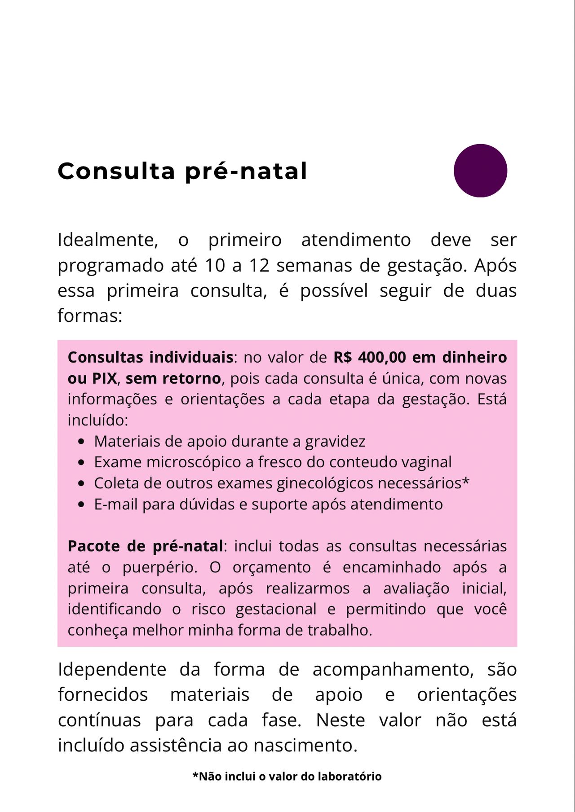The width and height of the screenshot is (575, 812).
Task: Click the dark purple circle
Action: [x=480, y=171]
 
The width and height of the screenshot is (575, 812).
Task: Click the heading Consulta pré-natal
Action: [x=182, y=171]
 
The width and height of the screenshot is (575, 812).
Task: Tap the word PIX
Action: [x=104, y=378]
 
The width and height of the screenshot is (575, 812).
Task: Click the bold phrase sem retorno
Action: [x=173, y=378]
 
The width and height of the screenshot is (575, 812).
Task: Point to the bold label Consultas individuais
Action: [x=150, y=357]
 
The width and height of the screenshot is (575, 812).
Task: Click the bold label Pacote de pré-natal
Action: [x=145, y=546]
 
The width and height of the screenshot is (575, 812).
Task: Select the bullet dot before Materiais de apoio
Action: [x=81, y=442]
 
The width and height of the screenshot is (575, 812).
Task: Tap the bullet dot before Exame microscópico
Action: [x=81, y=462]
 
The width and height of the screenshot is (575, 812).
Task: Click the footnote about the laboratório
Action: [x=287, y=777]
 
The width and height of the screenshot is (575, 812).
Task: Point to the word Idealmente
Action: [x=107, y=240]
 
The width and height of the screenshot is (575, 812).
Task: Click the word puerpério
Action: [x=159, y=567]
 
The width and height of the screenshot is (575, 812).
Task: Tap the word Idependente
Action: [x=112, y=669]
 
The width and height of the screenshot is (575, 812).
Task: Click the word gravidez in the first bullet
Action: [x=335, y=442]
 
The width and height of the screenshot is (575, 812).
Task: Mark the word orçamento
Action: [x=271, y=567]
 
